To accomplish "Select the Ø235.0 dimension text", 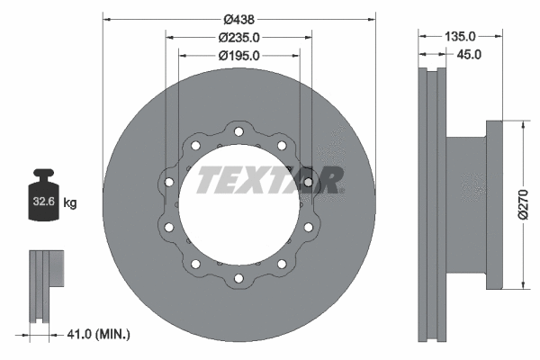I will (238, 37).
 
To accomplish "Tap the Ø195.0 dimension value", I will (238, 55).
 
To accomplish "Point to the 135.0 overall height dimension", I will (461, 37).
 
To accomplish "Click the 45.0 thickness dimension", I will (468, 54).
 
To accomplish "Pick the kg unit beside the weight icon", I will (70, 203).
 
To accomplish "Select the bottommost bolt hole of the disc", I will (238, 276).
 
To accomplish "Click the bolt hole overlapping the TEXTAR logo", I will (309, 183).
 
